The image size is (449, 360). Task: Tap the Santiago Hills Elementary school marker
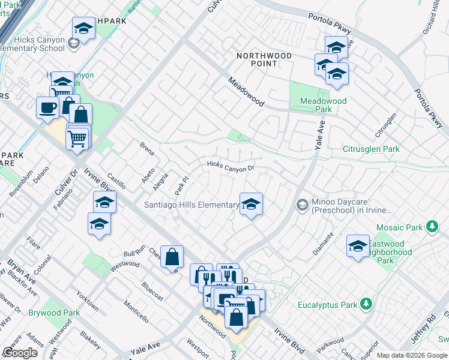251,204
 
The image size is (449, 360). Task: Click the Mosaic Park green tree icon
431,227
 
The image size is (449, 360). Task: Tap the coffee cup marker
47,107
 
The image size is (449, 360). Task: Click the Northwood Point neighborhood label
264,59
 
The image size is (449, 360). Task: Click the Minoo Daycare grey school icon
303,206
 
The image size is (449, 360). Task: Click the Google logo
20,353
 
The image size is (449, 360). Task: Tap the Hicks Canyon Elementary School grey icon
73,43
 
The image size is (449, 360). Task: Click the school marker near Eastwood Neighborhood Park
358,246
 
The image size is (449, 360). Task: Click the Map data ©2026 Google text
411,355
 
